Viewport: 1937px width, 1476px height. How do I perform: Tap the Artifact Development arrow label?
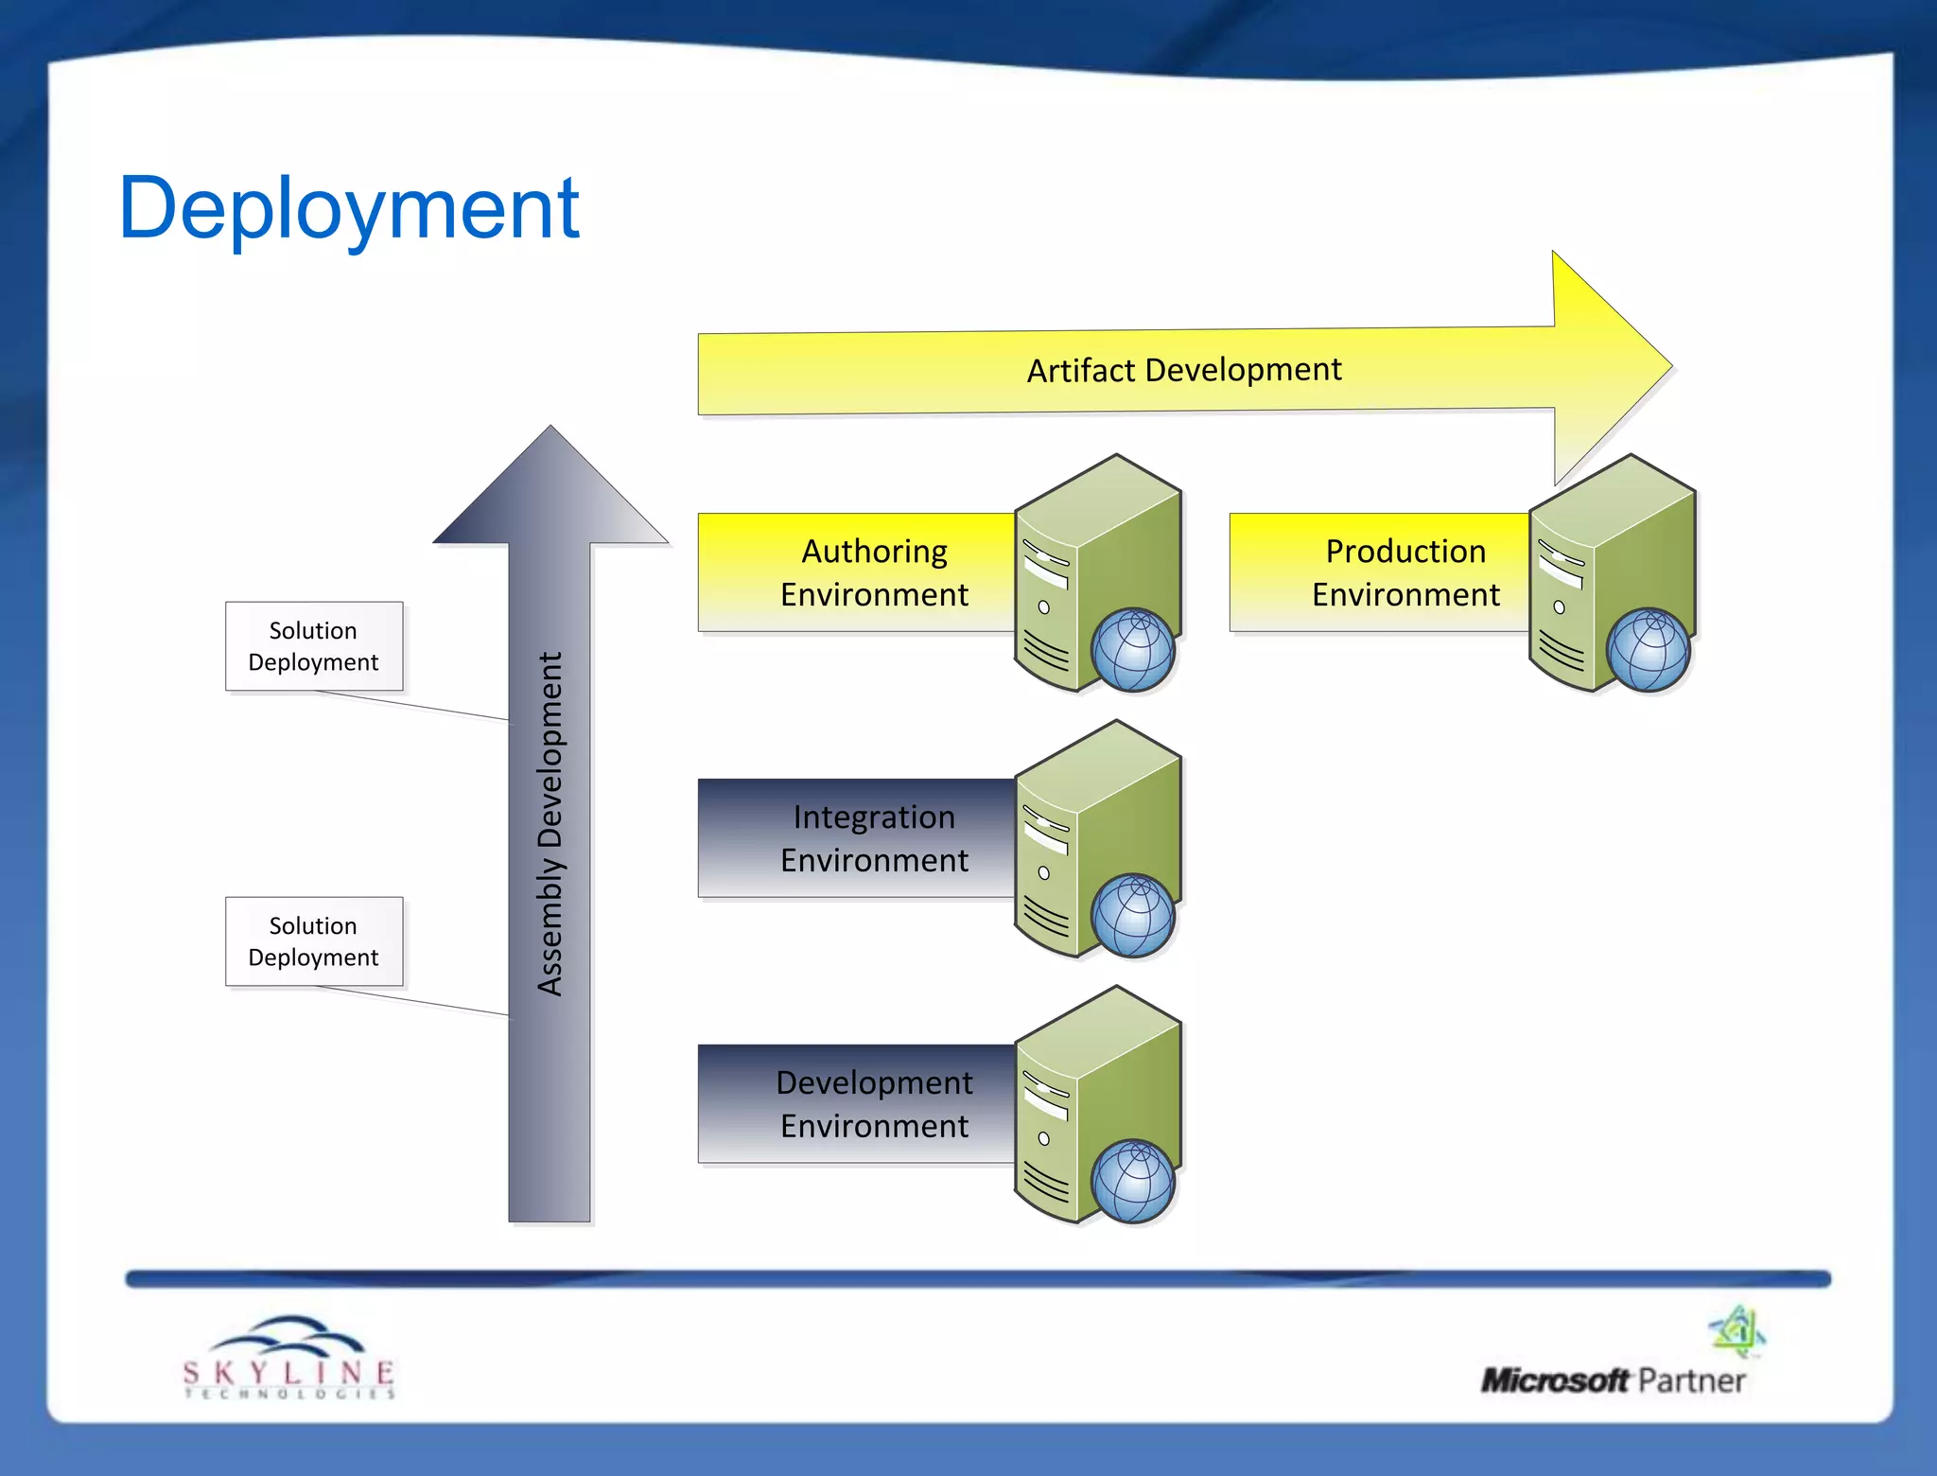(x=1183, y=369)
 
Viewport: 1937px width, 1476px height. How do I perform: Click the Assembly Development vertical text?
(x=550, y=823)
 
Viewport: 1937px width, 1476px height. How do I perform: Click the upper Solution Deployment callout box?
(x=314, y=646)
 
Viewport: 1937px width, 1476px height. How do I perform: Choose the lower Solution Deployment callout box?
(x=314, y=941)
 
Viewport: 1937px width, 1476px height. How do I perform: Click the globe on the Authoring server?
(x=1132, y=650)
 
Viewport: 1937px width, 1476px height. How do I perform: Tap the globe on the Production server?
(x=1648, y=650)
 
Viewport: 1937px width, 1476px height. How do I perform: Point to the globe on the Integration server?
(x=1132, y=916)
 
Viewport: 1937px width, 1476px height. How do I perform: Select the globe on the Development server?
(x=1132, y=1182)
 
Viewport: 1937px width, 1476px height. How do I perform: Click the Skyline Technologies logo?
(x=288, y=1359)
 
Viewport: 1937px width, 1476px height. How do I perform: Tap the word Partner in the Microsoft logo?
(x=1691, y=1380)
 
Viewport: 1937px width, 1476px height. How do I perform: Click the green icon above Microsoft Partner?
(x=1737, y=1329)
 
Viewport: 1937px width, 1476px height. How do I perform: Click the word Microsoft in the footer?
(x=1555, y=1380)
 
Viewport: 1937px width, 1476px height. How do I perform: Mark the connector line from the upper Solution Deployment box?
(x=411, y=706)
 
